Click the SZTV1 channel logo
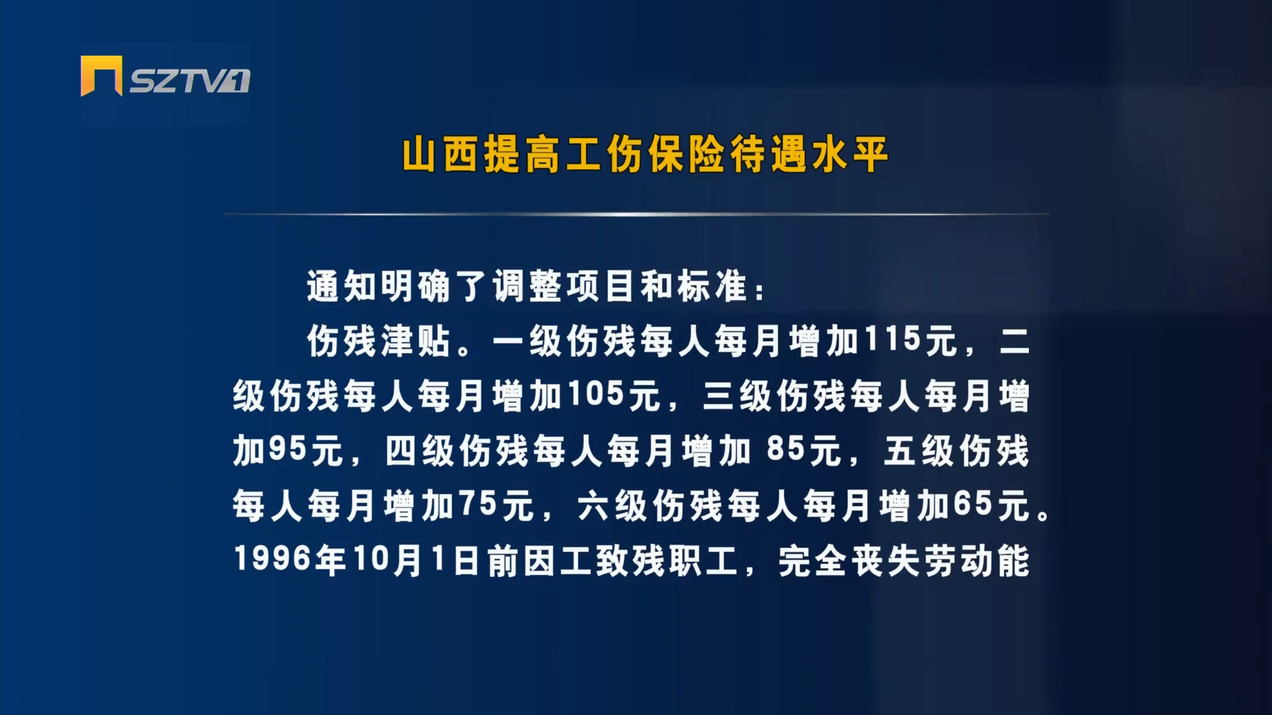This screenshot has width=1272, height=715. (166, 77)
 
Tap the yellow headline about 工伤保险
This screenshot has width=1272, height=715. (645, 155)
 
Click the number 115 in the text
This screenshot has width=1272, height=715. (893, 340)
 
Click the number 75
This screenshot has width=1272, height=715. (478, 505)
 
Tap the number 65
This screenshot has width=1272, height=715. (973, 505)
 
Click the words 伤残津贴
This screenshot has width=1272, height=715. (379, 341)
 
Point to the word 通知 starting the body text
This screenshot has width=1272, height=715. (342, 286)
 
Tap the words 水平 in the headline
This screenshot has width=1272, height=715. (851, 155)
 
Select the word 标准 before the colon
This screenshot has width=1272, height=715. (712, 286)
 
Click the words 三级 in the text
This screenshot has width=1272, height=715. (737, 396)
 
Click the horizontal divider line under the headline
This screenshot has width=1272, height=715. (636, 214)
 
